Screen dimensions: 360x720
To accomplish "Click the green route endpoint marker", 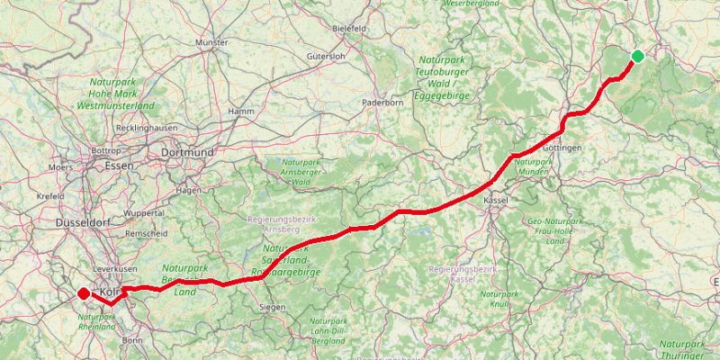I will pos(637,57).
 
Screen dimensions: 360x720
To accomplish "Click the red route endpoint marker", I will pos(83,292).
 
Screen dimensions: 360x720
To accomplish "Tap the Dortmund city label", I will pos(187,153).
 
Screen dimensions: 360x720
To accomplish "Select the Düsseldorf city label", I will pos(82,221).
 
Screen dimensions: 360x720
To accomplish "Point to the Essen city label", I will pos(119,166).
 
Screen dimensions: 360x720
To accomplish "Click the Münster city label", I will pos(212,42).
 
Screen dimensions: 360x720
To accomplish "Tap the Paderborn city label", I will pos(381,103).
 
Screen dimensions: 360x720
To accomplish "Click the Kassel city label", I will pos(496,200).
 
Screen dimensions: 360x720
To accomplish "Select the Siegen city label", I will pos(273,307).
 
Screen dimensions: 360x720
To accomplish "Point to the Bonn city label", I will pos(131,340).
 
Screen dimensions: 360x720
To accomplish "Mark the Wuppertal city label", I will pos(145,213).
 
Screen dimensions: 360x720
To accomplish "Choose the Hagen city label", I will pos(189,191).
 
